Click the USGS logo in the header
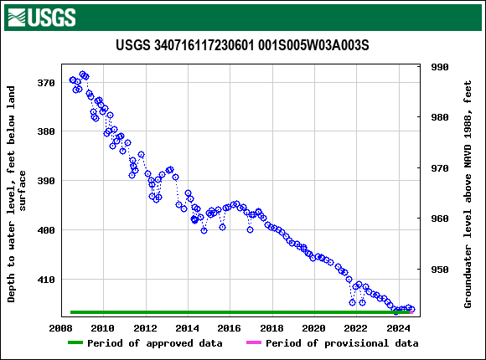click(41, 17)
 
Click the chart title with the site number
click(242, 44)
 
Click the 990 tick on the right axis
click(440, 67)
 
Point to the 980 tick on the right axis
click(440, 117)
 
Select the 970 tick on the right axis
click(440, 168)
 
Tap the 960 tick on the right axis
click(440, 219)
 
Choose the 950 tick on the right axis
click(440, 270)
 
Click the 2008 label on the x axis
click(60, 327)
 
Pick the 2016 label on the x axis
click(230, 327)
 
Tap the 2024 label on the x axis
click(398, 327)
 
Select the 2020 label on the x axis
click(313, 327)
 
